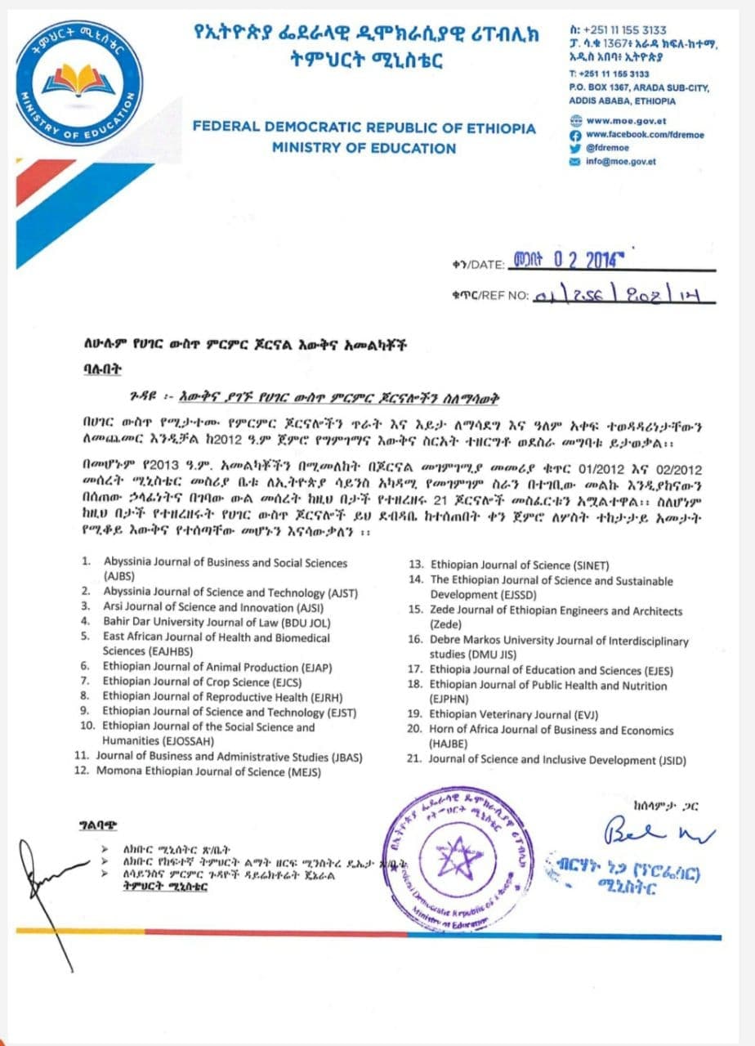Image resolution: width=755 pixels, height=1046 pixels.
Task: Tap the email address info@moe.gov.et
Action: (x=621, y=161)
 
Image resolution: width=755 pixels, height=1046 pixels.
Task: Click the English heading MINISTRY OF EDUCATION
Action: (x=364, y=149)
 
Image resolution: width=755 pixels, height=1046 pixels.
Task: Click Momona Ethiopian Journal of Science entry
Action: (x=208, y=771)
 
